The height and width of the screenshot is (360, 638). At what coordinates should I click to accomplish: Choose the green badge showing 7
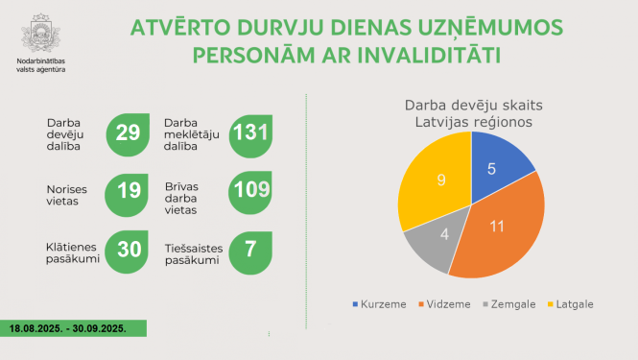click(x=249, y=249)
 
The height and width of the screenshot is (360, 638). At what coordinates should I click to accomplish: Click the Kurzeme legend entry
click(x=381, y=304)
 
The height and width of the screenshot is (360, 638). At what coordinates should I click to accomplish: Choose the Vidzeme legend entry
click(x=444, y=304)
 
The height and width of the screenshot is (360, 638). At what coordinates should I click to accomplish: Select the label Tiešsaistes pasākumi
click(x=195, y=253)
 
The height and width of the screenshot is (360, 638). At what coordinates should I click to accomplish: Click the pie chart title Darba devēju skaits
click(x=468, y=106)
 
